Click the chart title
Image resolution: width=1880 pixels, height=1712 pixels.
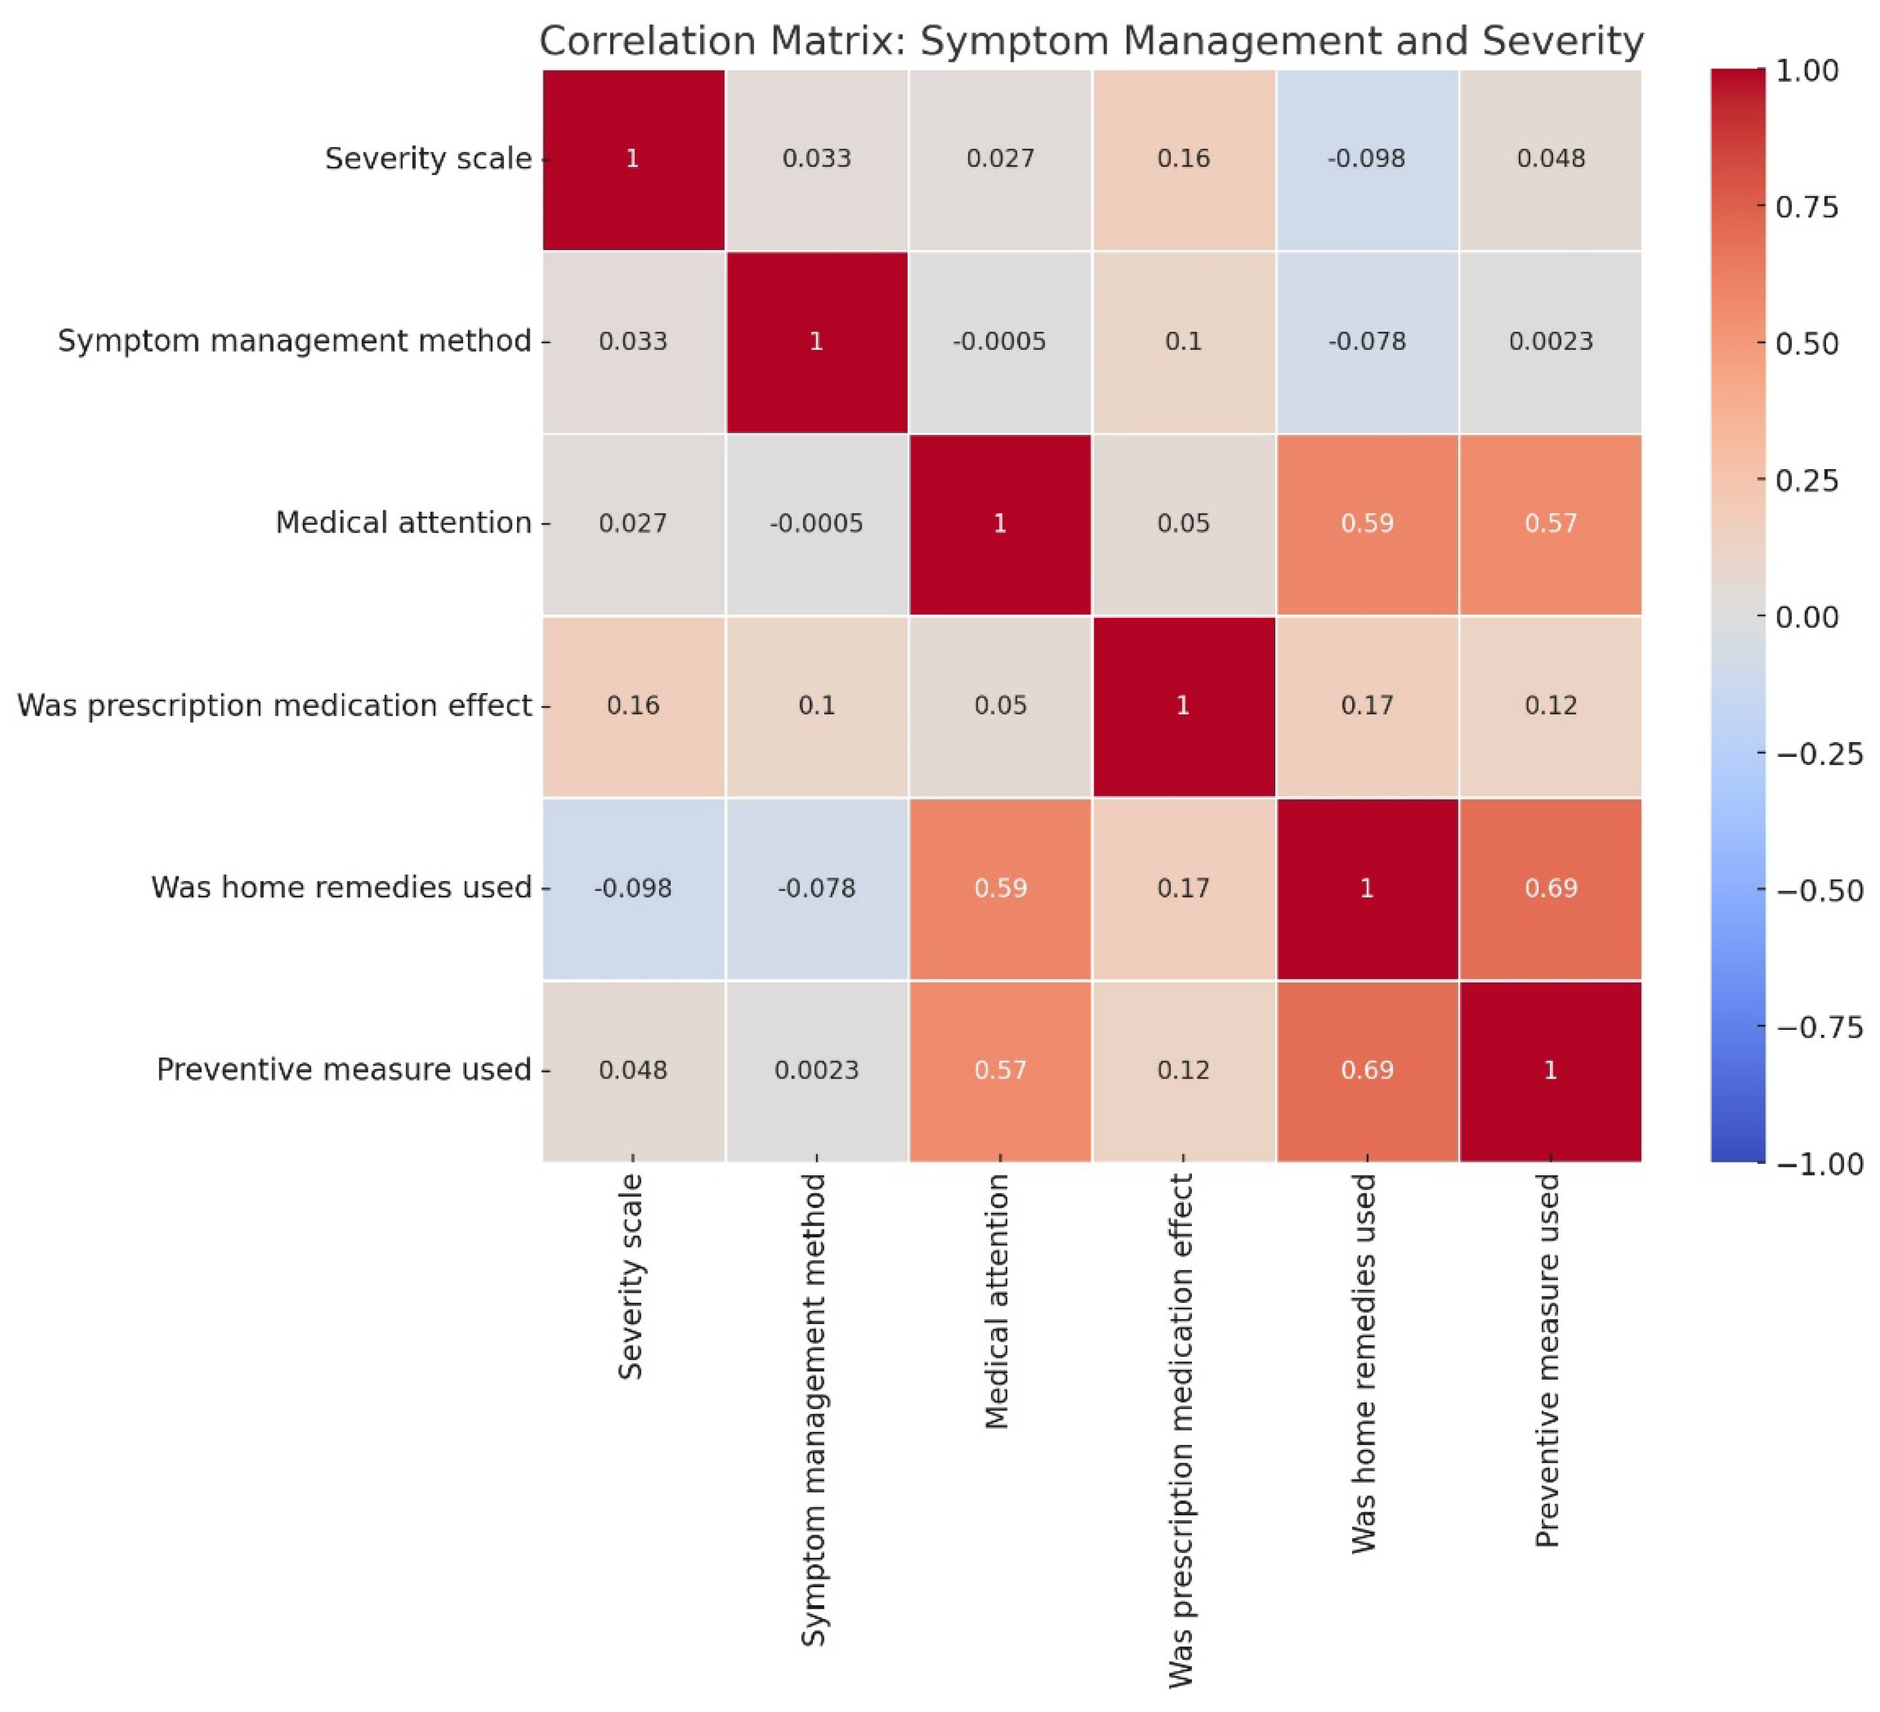point(1091,42)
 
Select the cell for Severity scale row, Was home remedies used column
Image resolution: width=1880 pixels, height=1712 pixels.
point(1366,158)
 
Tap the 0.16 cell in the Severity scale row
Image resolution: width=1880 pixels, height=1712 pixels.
point(1184,158)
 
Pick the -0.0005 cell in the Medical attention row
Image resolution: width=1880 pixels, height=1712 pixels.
point(816,523)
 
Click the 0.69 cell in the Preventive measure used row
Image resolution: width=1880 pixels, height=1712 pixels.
point(1366,1070)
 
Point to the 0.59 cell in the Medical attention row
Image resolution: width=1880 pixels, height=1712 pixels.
point(1366,523)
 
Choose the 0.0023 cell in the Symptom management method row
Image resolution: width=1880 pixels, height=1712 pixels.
point(1550,341)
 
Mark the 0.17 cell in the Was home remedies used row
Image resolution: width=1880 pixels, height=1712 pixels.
point(1184,888)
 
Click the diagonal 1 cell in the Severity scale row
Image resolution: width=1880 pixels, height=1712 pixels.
point(632,158)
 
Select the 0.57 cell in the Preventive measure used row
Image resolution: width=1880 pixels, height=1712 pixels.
point(999,1070)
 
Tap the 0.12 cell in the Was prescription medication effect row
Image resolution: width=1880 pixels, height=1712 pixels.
point(1550,705)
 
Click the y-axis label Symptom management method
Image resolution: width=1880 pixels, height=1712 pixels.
point(295,341)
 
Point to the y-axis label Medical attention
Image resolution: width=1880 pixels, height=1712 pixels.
point(403,523)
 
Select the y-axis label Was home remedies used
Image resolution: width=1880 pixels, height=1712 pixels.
point(341,888)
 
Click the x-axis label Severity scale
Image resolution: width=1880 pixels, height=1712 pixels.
point(631,1277)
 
